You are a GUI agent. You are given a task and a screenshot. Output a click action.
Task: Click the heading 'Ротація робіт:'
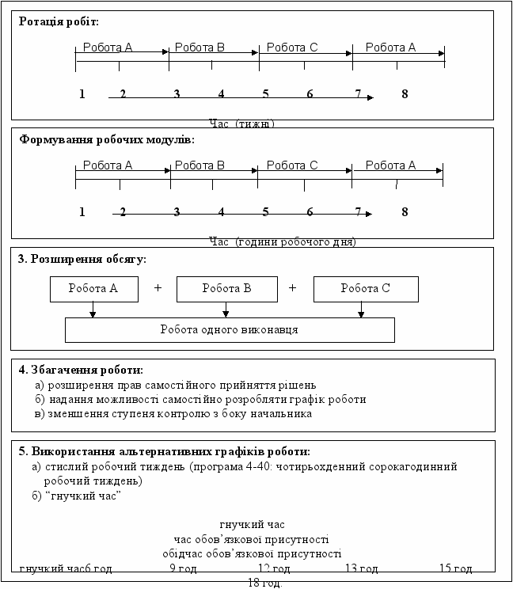(x=59, y=21)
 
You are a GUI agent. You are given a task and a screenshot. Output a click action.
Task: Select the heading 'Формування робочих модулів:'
(x=107, y=139)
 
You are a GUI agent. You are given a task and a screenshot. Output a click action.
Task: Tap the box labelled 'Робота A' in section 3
(x=93, y=289)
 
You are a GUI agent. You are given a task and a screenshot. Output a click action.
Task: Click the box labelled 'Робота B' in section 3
(x=226, y=289)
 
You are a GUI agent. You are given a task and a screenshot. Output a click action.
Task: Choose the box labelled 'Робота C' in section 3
(x=365, y=289)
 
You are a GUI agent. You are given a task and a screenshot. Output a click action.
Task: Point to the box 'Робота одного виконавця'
(x=229, y=329)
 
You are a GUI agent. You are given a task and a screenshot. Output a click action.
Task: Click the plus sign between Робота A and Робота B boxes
(x=158, y=288)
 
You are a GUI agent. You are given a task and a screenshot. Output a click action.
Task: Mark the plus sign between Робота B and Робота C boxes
(x=292, y=288)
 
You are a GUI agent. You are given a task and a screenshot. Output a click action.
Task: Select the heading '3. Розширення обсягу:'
(x=82, y=259)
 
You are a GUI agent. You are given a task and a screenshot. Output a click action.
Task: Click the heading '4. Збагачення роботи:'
(x=81, y=370)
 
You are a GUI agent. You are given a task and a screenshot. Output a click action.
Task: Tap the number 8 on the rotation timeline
(x=405, y=94)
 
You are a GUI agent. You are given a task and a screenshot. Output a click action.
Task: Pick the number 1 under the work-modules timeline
(x=82, y=212)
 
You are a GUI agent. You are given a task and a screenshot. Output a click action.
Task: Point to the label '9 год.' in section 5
(x=184, y=568)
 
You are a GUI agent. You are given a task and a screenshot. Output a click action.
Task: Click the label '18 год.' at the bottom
(x=264, y=583)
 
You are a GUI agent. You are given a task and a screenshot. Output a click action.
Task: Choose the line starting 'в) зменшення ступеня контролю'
(x=173, y=413)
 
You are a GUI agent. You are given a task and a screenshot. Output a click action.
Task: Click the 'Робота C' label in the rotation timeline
(x=292, y=47)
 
